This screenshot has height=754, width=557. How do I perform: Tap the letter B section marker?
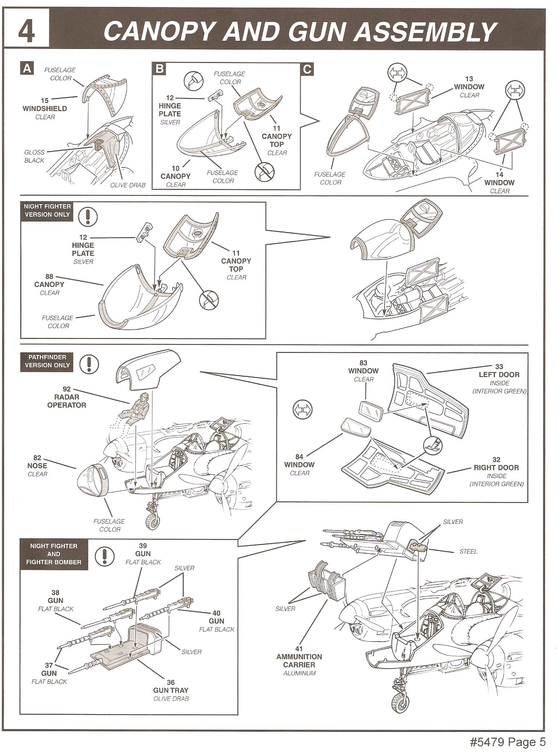pos(160,69)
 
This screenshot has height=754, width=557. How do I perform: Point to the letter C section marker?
pos(307,69)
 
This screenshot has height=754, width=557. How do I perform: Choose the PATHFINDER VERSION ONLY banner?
pos(47,361)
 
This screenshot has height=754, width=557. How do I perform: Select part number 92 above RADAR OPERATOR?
pos(67,389)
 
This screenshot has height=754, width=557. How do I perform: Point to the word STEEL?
pos(468,551)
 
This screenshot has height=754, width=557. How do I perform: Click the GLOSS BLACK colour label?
pos(34,156)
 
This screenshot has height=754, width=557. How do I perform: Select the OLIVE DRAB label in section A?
pos(128,185)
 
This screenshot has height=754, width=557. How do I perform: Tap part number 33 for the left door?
pos(499,366)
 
